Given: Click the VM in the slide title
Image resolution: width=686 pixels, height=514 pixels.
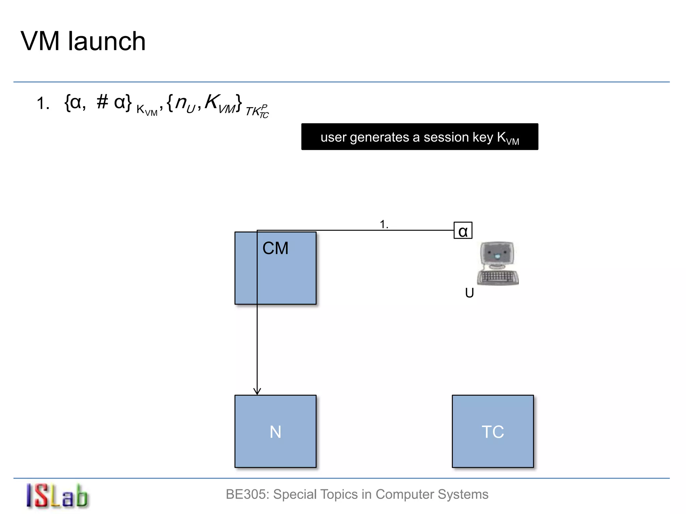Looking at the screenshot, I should [x=40, y=41].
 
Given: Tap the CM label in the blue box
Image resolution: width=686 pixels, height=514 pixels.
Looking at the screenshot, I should [x=275, y=248].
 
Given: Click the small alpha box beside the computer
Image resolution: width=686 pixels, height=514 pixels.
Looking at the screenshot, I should [x=463, y=231].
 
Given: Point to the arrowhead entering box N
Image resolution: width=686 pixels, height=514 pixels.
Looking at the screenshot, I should [x=257, y=391].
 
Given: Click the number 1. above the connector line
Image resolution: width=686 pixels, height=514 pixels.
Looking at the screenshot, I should [x=384, y=224].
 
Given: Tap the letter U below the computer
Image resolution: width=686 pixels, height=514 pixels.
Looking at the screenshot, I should [x=469, y=293].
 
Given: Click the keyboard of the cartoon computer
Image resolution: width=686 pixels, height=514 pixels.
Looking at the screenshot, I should [x=498, y=277].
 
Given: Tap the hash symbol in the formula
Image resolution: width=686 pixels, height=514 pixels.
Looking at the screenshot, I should [x=102, y=102].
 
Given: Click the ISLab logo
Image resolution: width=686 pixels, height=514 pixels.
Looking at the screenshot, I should [x=57, y=496].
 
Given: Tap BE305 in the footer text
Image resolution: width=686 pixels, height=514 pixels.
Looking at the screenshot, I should [x=247, y=494].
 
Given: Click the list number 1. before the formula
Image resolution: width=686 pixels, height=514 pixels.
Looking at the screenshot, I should [x=43, y=103].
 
